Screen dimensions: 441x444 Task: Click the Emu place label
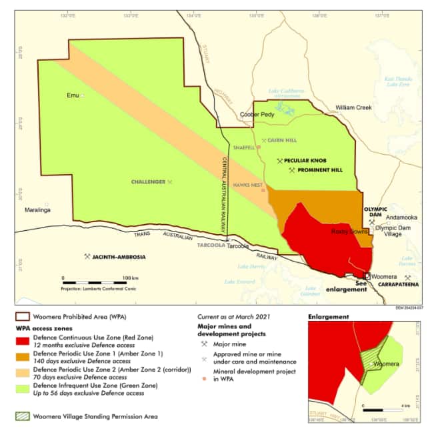(73, 95)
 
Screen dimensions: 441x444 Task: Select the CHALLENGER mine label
(148, 181)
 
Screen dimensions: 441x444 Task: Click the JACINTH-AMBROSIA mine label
(119, 256)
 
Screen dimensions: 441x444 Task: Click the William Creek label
(353, 107)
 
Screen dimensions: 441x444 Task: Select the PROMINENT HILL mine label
(319, 170)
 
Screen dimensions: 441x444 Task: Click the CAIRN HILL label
(283, 140)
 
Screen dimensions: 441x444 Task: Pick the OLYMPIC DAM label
(375, 212)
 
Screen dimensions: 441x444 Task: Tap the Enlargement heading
(328, 317)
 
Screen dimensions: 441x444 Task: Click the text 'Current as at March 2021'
(235, 317)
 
